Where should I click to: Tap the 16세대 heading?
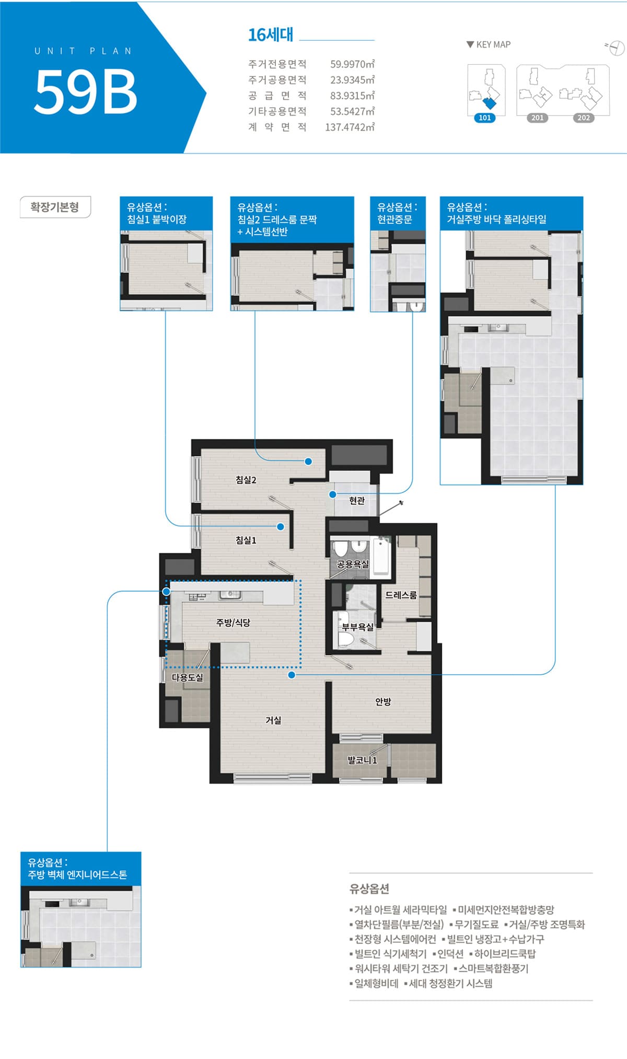coord(271,34)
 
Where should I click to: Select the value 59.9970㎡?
coord(353,64)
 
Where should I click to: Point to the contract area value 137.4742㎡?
coord(350,127)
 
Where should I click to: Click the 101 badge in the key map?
coord(485,118)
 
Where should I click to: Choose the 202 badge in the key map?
coord(584,118)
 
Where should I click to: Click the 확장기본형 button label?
coord(55,207)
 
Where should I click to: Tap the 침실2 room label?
coord(246,480)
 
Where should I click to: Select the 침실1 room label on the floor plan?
coord(246,540)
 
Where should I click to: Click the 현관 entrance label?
coord(357,501)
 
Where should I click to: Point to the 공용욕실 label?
coord(353,564)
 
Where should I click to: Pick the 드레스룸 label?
coord(401,595)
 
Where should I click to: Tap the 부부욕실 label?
coord(358,627)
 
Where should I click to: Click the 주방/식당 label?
coord(233,623)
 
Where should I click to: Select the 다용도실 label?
coord(188,677)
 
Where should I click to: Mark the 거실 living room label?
coord(273,720)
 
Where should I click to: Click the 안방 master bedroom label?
coord(383,701)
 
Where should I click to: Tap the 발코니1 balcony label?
coord(363,760)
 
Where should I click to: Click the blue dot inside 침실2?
coord(308,462)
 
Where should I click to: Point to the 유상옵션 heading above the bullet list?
coord(369,889)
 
